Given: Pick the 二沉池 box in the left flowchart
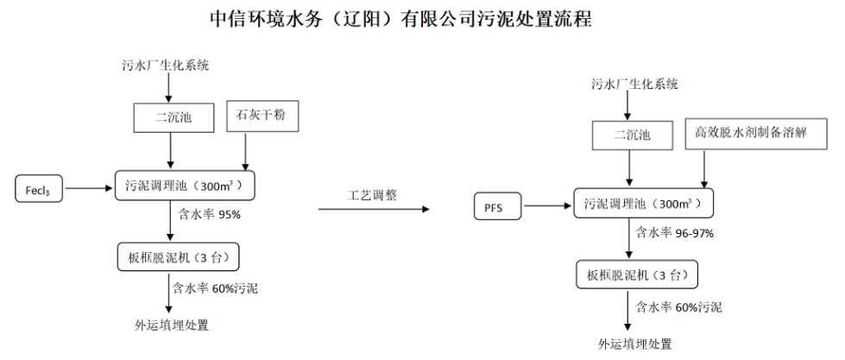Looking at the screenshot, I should pos(173,117).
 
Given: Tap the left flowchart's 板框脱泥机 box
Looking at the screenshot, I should pos(176,256).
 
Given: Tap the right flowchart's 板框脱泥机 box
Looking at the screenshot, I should pos(636,275).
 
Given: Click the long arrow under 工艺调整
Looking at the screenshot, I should pos(373,209).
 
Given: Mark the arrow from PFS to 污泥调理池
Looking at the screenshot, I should pos(547,206).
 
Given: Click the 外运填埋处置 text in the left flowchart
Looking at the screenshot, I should pos(172,325).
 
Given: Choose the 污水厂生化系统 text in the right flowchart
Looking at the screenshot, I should pos(634,84).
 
